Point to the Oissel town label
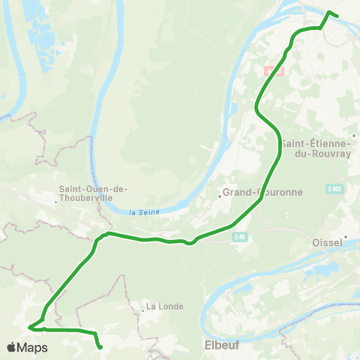(x=325, y=242)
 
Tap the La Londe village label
(x=161, y=306)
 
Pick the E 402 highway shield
(x=334, y=189)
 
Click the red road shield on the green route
(x=274, y=70)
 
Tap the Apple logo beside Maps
(x=12, y=347)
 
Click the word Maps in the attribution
(x=33, y=347)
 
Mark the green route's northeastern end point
(x=337, y=16)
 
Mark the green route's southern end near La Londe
(x=100, y=347)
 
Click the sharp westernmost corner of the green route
(x=29, y=327)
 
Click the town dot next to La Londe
(x=142, y=310)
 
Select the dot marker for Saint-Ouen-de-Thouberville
(x=56, y=202)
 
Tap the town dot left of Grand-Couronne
(x=220, y=196)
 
